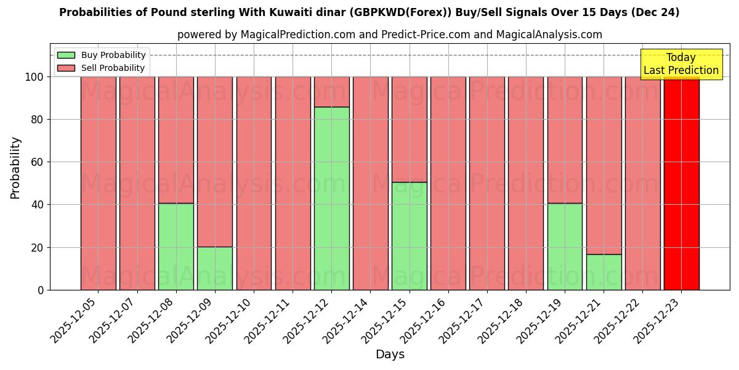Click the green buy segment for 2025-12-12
pos(331,198)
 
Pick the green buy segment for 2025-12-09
pos(215,268)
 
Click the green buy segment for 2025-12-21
pos(604,272)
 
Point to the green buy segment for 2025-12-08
pos(176,247)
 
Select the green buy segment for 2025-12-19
pos(565,247)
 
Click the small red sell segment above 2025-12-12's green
pos(331,91)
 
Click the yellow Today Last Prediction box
pos(681,64)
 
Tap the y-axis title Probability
pos(15,168)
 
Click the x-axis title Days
pos(390,355)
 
